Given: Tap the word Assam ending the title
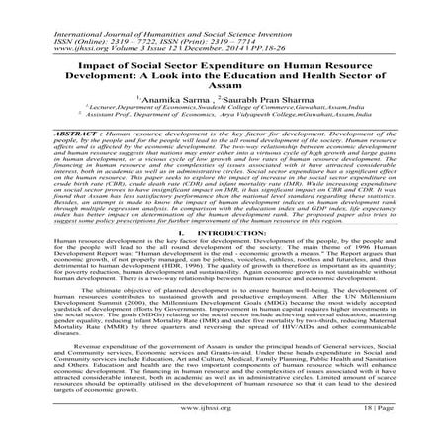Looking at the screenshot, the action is point(224,85).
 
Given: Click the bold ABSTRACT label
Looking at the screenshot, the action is point(50,131).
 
